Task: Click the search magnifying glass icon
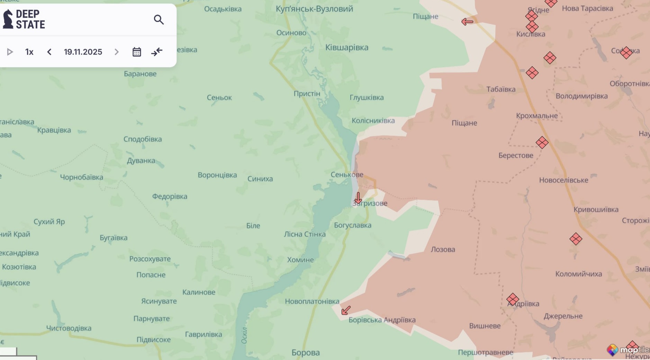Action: click(x=159, y=20)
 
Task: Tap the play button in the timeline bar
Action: click(x=10, y=52)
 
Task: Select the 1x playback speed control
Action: click(x=29, y=52)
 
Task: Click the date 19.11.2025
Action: click(x=83, y=52)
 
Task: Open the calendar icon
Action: click(x=137, y=52)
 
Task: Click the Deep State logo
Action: click(x=24, y=19)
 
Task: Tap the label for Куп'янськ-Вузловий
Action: click(x=314, y=9)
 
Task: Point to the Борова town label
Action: click(x=306, y=352)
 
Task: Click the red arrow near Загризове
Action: click(x=358, y=198)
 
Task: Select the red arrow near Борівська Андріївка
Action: click(x=346, y=310)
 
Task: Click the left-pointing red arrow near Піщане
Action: click(x=467, y=22)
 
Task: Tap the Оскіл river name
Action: click(x=244, y=335)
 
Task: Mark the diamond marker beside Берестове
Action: click(x=542, y=142)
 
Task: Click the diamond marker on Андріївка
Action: click(x=513, y=299)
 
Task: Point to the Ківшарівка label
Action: click(x=347, y=47)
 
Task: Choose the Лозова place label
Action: click(x=443, y=249)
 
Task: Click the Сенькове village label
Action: click(x=347, y=174)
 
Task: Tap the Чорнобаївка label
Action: click(x=82, y=177)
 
